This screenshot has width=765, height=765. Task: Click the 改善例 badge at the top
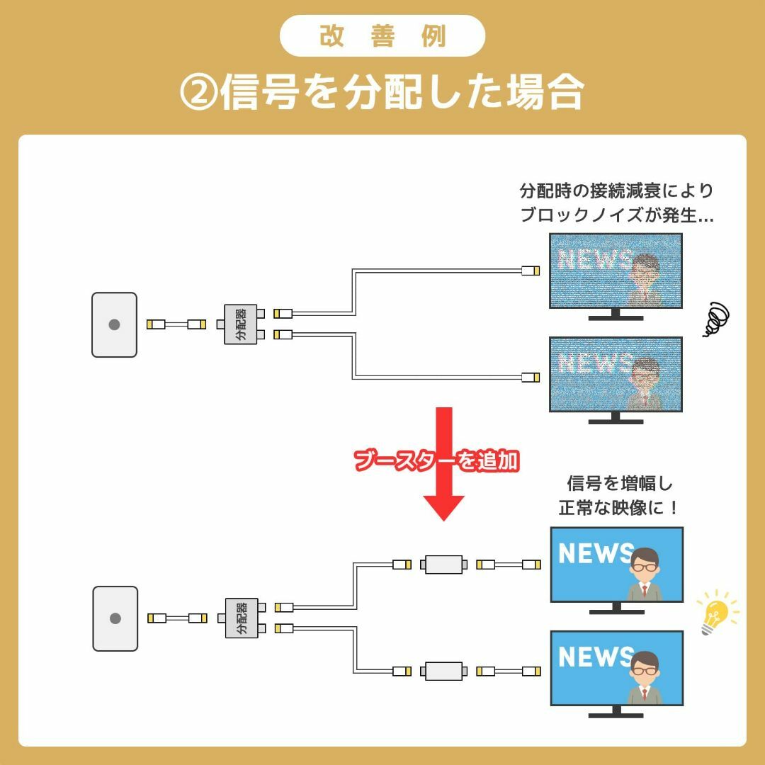point(382,35)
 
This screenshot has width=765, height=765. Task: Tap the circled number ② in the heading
point(198,91)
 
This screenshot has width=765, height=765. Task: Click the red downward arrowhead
point(443,508)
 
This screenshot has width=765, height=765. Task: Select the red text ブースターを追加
point(436,460)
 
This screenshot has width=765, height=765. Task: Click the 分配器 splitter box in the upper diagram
point(241,324)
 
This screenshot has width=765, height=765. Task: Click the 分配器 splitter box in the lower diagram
point(242,618)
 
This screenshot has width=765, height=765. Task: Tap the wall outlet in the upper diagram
point(114,324)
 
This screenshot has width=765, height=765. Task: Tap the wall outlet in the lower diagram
point(115,618)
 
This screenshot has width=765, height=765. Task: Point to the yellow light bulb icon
point(717,612)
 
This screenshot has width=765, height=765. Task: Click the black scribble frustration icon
point(716,319)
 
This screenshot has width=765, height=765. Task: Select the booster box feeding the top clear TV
point(443,565)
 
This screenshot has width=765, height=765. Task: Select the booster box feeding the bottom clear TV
point(443,671)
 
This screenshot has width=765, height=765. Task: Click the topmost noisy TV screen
point(616,271)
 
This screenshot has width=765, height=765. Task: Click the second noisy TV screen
point(616,374)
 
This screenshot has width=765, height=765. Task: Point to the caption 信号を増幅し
point(620,484)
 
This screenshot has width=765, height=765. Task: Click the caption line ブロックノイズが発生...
point(616,214)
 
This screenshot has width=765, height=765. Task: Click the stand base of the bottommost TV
point(616,715)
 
